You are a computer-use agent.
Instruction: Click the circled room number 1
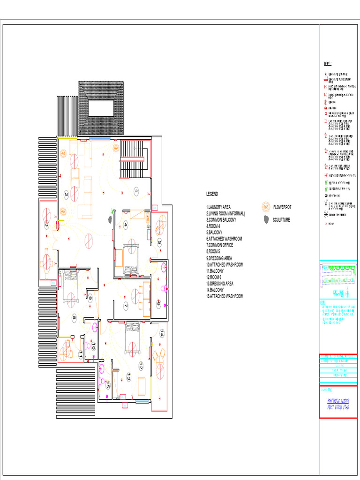[x=136, y=191]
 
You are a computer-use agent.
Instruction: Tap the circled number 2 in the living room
[x=66, y=195]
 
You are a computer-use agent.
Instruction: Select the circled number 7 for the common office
[x=126, y=306]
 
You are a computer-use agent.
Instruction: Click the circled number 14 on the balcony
[x=162, y=334]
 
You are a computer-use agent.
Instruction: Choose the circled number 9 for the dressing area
[x=90, y=297]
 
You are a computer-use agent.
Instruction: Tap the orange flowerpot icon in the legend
[x=266, y=207]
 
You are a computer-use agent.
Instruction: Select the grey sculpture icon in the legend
[x=266, y=219]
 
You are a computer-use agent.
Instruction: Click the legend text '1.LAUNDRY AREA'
[x=218, y=207]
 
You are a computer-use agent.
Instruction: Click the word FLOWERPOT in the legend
[x=282, y=207]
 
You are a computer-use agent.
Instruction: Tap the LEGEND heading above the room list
[x=212, y=194]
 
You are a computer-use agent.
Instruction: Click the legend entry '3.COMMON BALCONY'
[x=221, y=219]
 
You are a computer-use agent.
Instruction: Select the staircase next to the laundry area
[x=132, y=159]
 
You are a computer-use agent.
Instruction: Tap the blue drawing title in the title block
[x=338, y=405]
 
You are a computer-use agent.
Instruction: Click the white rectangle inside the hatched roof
[x=101, y=108]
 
